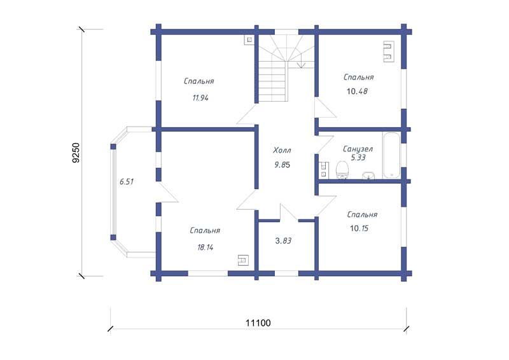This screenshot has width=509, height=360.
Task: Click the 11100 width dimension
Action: tap(258, 323)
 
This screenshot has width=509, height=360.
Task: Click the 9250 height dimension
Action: tap(76, 153)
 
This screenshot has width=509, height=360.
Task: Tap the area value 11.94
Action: tap(200, 98)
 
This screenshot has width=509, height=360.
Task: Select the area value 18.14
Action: tap(205, 247)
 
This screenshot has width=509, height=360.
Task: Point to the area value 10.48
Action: tap(357, 91)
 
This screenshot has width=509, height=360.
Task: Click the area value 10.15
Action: tap(359, 228)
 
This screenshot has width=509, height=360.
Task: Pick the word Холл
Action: tap(282, 150)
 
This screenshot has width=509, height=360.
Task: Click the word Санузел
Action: tap(358, 149)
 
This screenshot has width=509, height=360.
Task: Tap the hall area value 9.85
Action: tap(282, 165)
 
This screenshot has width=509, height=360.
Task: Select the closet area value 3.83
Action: tap(283, 241)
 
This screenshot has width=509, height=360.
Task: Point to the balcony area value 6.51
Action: tap(127, 182)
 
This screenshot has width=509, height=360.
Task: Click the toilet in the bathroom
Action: tap(342, 170)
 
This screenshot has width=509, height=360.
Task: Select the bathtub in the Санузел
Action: tap(391, 155)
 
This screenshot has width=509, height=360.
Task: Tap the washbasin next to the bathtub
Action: tap(368, 176)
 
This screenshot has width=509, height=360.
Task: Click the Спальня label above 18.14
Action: tap(205, 230)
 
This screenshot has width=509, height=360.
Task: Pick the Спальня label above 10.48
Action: tap(359, 77)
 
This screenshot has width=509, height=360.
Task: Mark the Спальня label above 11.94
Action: tap(199, 81)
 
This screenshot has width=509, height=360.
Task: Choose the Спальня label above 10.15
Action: tap(362, 214)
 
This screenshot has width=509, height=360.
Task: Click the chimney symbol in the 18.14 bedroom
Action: tap(244, 260)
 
